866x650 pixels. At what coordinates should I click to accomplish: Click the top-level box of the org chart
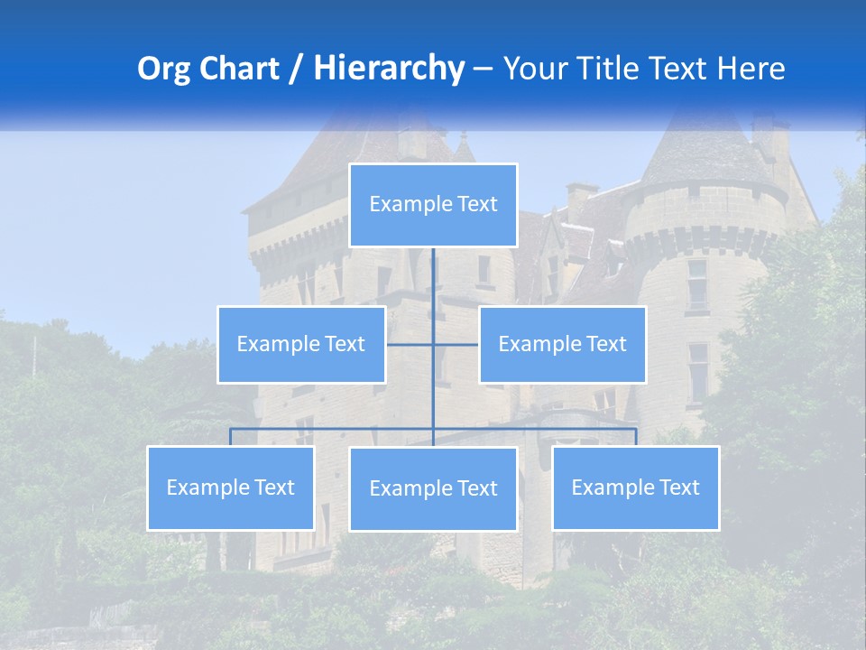click(x=433, y=205)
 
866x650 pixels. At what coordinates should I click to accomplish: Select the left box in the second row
click(x=301, y=344)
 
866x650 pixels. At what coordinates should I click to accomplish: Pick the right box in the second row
click(x=562, y=344)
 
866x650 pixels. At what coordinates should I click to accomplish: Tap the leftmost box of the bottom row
click(x=230, y=487)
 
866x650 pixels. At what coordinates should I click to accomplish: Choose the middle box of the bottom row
click(x=433, y=488)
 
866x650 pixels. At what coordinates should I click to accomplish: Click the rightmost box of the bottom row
click(x=635, y=487)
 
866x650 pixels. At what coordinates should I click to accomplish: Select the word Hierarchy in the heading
click(x=388, y=69)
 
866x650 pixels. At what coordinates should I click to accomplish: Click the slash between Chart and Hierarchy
click(x=295, y=69)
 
